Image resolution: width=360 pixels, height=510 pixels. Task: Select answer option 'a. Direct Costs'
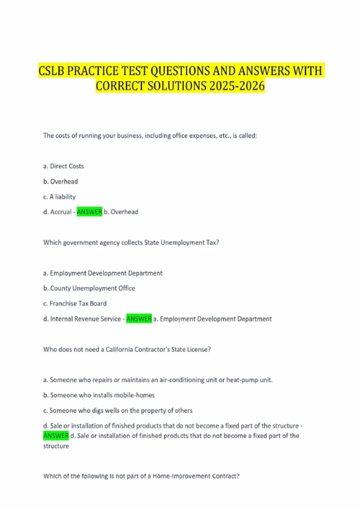point(64,166)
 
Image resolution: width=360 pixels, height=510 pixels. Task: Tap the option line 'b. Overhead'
point(61,181)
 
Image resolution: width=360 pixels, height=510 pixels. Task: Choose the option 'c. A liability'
point(59,197)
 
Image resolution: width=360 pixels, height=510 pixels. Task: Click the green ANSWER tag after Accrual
point(89,212)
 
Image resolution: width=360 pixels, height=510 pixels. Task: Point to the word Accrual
point(61,212)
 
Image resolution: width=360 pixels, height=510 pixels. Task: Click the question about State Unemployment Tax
point(131,242)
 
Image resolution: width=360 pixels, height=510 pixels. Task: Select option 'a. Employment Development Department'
point(103,273)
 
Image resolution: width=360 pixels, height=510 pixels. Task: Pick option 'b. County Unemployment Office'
point(89,288)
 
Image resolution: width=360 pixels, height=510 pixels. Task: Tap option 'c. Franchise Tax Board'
point(75,304)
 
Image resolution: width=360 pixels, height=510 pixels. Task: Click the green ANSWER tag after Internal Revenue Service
point(139,319)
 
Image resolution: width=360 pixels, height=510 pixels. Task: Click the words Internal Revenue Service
point(85,319)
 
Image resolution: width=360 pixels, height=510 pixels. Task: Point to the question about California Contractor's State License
point(127,349)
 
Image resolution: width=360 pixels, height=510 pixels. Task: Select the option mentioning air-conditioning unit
point(158,380)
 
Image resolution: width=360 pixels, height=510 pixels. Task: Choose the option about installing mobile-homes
point(99,395)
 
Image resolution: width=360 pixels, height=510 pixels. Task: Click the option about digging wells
point(118,410)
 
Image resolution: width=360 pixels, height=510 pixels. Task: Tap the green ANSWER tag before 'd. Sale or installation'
point(56,436)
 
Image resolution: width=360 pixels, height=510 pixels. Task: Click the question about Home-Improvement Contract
point(141,476)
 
